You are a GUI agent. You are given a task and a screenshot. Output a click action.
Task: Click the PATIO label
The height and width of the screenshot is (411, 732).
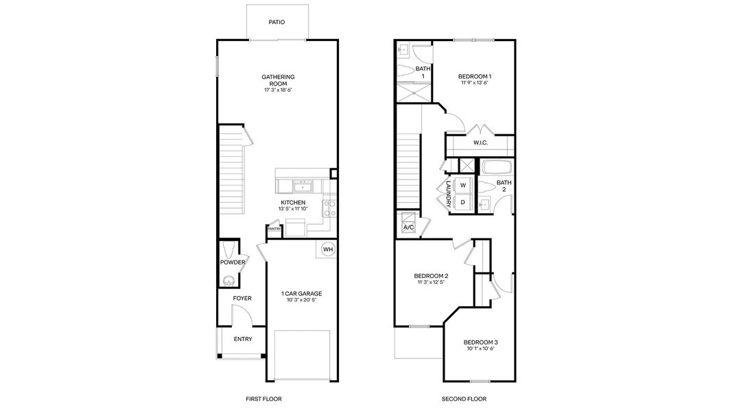point(276,22)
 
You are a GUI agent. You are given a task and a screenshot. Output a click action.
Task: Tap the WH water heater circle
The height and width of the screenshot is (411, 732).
point(328,249)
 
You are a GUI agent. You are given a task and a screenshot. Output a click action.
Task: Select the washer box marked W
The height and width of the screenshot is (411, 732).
point(463,185)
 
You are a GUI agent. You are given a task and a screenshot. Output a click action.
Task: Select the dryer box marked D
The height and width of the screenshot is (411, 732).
point(463,202)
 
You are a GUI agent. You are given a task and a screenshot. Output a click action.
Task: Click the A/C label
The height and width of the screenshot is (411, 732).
point(408,227)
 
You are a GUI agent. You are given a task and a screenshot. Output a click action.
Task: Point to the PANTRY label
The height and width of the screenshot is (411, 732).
point(274,229)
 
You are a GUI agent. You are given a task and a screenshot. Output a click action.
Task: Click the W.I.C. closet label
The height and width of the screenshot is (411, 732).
point(480,142)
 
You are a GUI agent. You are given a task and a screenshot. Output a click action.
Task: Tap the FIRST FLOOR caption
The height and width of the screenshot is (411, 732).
point(263,399)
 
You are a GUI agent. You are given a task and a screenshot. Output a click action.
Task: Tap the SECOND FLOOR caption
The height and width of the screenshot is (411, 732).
point(464,399)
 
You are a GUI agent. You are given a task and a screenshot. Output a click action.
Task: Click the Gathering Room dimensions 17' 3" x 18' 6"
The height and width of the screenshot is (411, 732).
point(278,90)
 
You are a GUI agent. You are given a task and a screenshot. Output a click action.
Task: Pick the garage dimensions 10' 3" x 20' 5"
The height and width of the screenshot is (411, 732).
point(301,300)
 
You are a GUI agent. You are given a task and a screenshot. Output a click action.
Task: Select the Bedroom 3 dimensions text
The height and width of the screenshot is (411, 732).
point(480,349)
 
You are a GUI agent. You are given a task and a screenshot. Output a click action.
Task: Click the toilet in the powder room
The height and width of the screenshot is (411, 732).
point(228,249)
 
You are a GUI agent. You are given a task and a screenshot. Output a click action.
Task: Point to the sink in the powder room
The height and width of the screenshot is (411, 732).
point(228,281)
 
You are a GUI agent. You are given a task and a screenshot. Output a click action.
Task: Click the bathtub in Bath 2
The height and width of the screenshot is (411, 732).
point(497,167)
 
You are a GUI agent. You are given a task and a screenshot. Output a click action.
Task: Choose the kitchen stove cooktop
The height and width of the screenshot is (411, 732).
point(329,208)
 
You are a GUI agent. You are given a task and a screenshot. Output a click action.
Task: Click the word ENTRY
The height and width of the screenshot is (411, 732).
point(243,339)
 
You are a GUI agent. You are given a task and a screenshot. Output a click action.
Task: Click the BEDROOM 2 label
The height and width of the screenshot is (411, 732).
point(431,276)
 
